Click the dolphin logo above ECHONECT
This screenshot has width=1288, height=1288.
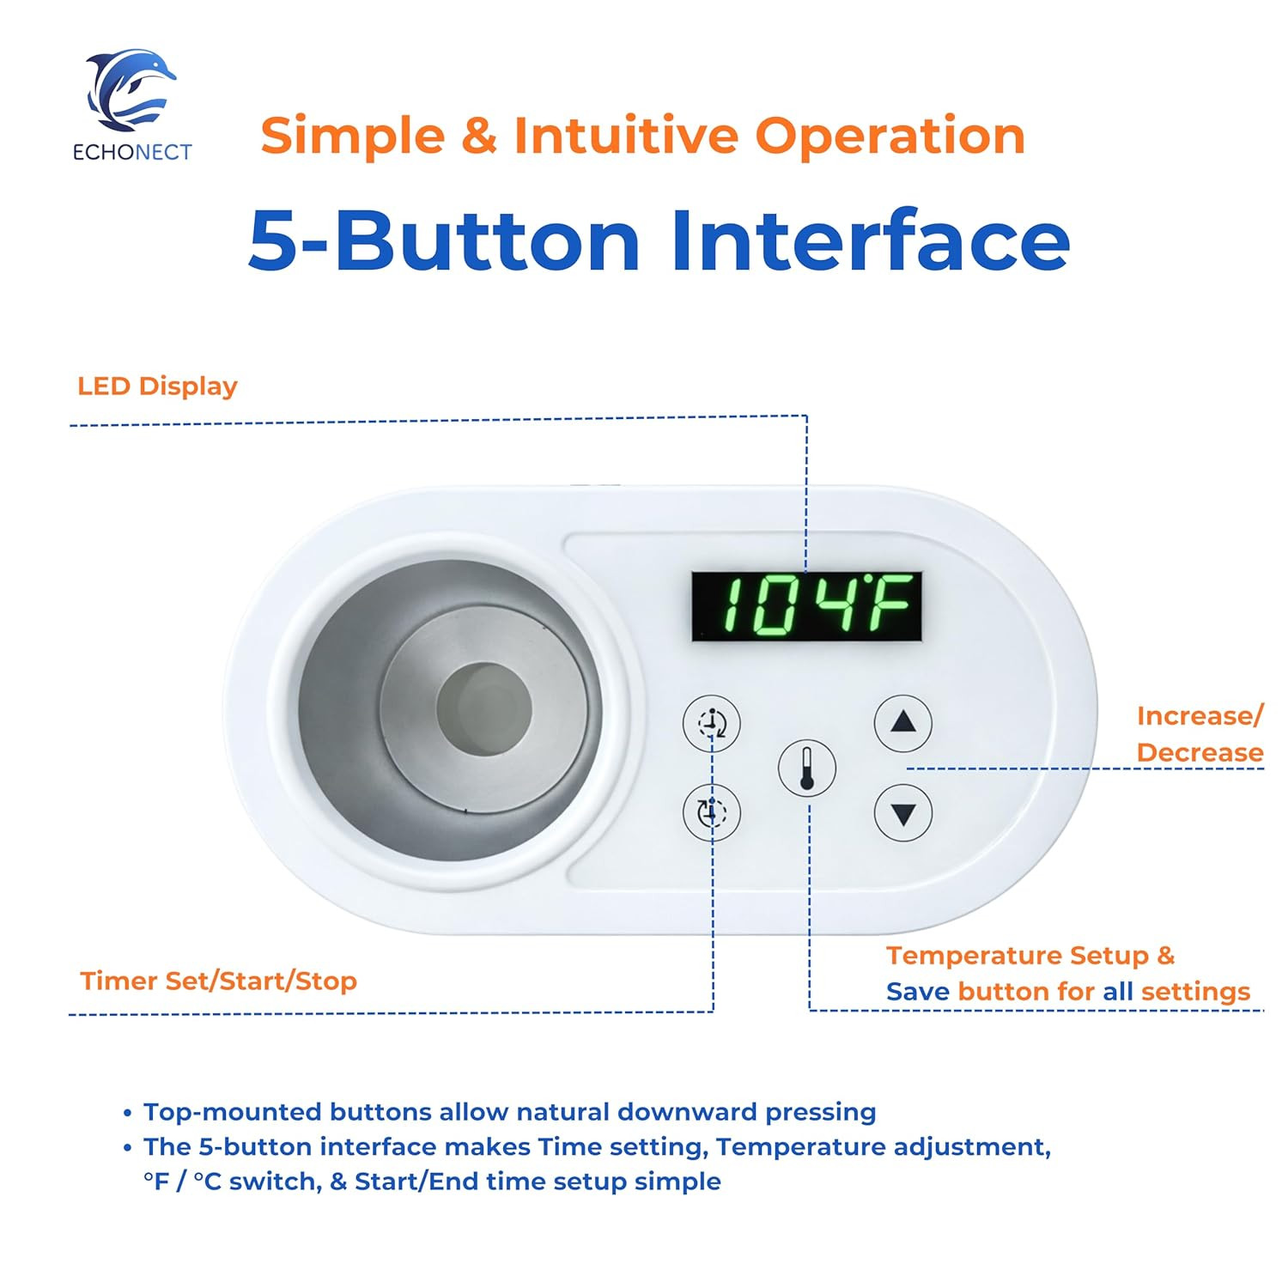[x=131, y=89]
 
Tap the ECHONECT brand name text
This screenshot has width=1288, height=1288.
[x=132, y=153]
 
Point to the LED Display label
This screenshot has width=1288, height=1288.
[x=157, y=386]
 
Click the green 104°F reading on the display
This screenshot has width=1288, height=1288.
[x=806, y=605]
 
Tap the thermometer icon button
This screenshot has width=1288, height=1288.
[x=806, y=767]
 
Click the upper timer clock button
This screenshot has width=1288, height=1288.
[x=711, y=723]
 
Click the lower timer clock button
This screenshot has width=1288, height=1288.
[x=711, y=812]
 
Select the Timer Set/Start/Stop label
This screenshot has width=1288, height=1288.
[x=218, y=981]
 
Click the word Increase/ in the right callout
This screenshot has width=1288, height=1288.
[x=1200, y=715]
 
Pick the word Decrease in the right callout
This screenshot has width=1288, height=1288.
[x=1200, y=752]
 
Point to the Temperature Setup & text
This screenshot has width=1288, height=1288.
[x=1030, y=955]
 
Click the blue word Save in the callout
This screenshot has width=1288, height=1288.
[x=917, y=992]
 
